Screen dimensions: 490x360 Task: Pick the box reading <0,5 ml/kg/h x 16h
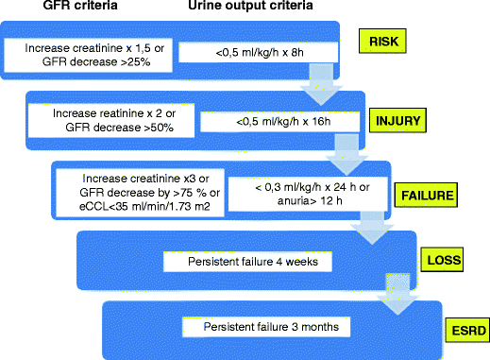click(270, 122)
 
